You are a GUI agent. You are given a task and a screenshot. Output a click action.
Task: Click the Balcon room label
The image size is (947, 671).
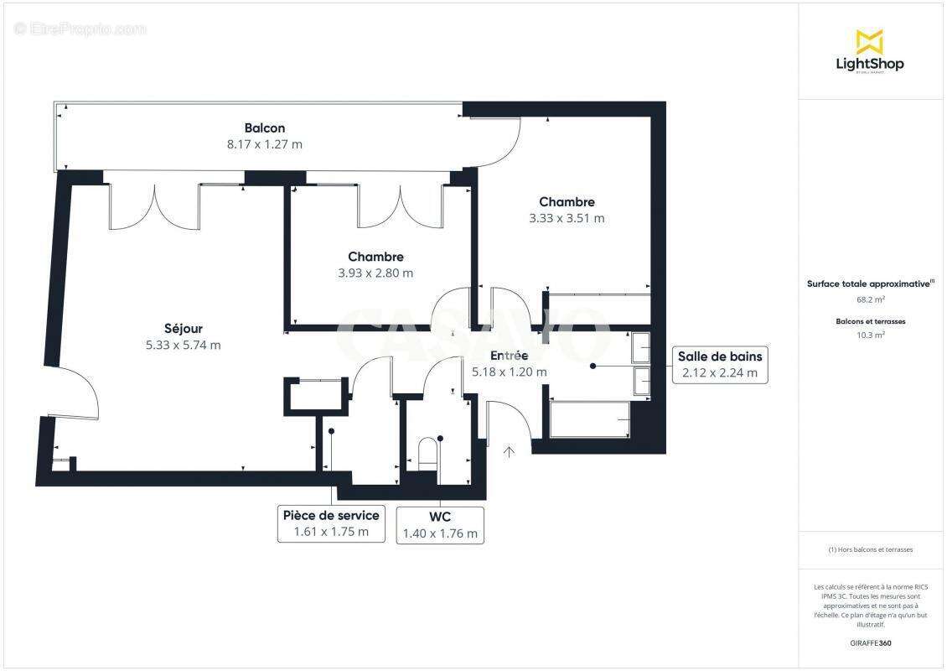[265, 128]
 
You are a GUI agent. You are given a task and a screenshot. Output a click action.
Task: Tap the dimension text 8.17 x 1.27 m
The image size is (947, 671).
[265, 144]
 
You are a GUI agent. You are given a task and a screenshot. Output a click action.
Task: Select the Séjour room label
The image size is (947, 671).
[183, 329]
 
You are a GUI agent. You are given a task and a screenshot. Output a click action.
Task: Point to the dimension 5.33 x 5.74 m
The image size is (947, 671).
[183, 345]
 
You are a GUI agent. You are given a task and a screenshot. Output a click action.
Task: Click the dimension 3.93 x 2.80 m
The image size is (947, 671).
[375, 273]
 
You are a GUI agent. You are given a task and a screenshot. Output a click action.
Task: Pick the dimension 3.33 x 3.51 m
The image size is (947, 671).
[567, 218]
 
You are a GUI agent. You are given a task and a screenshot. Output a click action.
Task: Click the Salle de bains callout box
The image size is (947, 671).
[720, 365]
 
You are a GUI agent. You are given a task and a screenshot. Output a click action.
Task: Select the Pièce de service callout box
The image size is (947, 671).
[331, 523]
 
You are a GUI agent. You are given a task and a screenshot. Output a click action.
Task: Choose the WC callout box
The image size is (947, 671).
[440, 525]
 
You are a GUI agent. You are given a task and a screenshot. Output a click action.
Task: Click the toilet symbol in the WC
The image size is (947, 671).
[428, 454]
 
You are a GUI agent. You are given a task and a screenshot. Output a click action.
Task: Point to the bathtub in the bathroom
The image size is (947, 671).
[590, 419]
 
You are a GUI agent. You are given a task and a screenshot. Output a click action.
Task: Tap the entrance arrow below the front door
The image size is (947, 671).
[509, 453]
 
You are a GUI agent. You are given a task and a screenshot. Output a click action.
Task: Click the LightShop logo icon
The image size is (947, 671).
[869, 41]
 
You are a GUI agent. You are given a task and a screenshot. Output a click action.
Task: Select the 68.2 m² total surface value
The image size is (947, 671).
[869, 299]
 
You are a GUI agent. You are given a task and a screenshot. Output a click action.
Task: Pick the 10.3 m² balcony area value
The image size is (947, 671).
[870, 335]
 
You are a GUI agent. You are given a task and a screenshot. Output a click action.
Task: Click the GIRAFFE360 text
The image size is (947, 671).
[870, 643]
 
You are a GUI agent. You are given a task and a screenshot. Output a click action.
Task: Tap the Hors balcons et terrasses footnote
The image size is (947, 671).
[870, 550]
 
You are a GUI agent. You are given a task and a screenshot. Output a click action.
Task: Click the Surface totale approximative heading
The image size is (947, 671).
[869, 283]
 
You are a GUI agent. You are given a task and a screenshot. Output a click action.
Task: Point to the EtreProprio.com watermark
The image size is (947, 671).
[80, 29]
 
